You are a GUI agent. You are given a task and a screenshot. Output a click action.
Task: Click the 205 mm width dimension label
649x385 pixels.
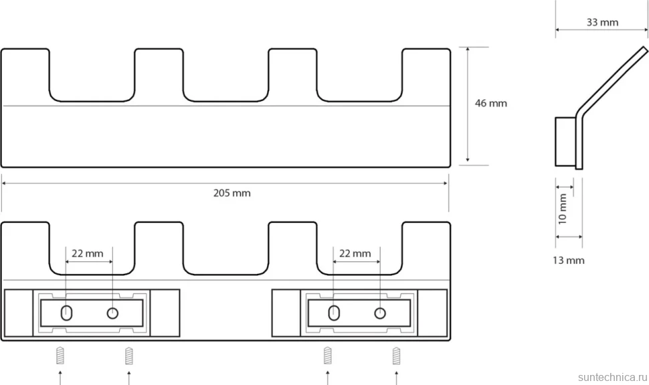click(x=231, y=193)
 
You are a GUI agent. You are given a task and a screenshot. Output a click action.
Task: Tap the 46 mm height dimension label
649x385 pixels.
click(x=491, y=103)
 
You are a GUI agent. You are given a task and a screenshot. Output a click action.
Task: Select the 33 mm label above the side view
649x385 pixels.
click(x=602, y=22)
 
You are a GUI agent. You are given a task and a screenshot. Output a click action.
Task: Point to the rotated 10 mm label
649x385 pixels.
click(x=563, y=209)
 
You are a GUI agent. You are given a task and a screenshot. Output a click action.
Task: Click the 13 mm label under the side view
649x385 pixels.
click(x=568, y=260)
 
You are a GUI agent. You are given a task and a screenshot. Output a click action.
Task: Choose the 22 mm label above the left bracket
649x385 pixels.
click(x=88, y=253)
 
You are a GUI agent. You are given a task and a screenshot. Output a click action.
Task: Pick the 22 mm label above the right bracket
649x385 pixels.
click(x=355, y=253)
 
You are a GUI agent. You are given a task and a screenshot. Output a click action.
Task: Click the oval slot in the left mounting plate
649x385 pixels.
click(x=66, y=313)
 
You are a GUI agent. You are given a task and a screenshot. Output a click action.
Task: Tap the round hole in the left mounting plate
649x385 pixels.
click(x=112, y=313)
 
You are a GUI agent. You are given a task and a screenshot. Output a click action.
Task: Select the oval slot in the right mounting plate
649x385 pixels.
click(x=334, y=313)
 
